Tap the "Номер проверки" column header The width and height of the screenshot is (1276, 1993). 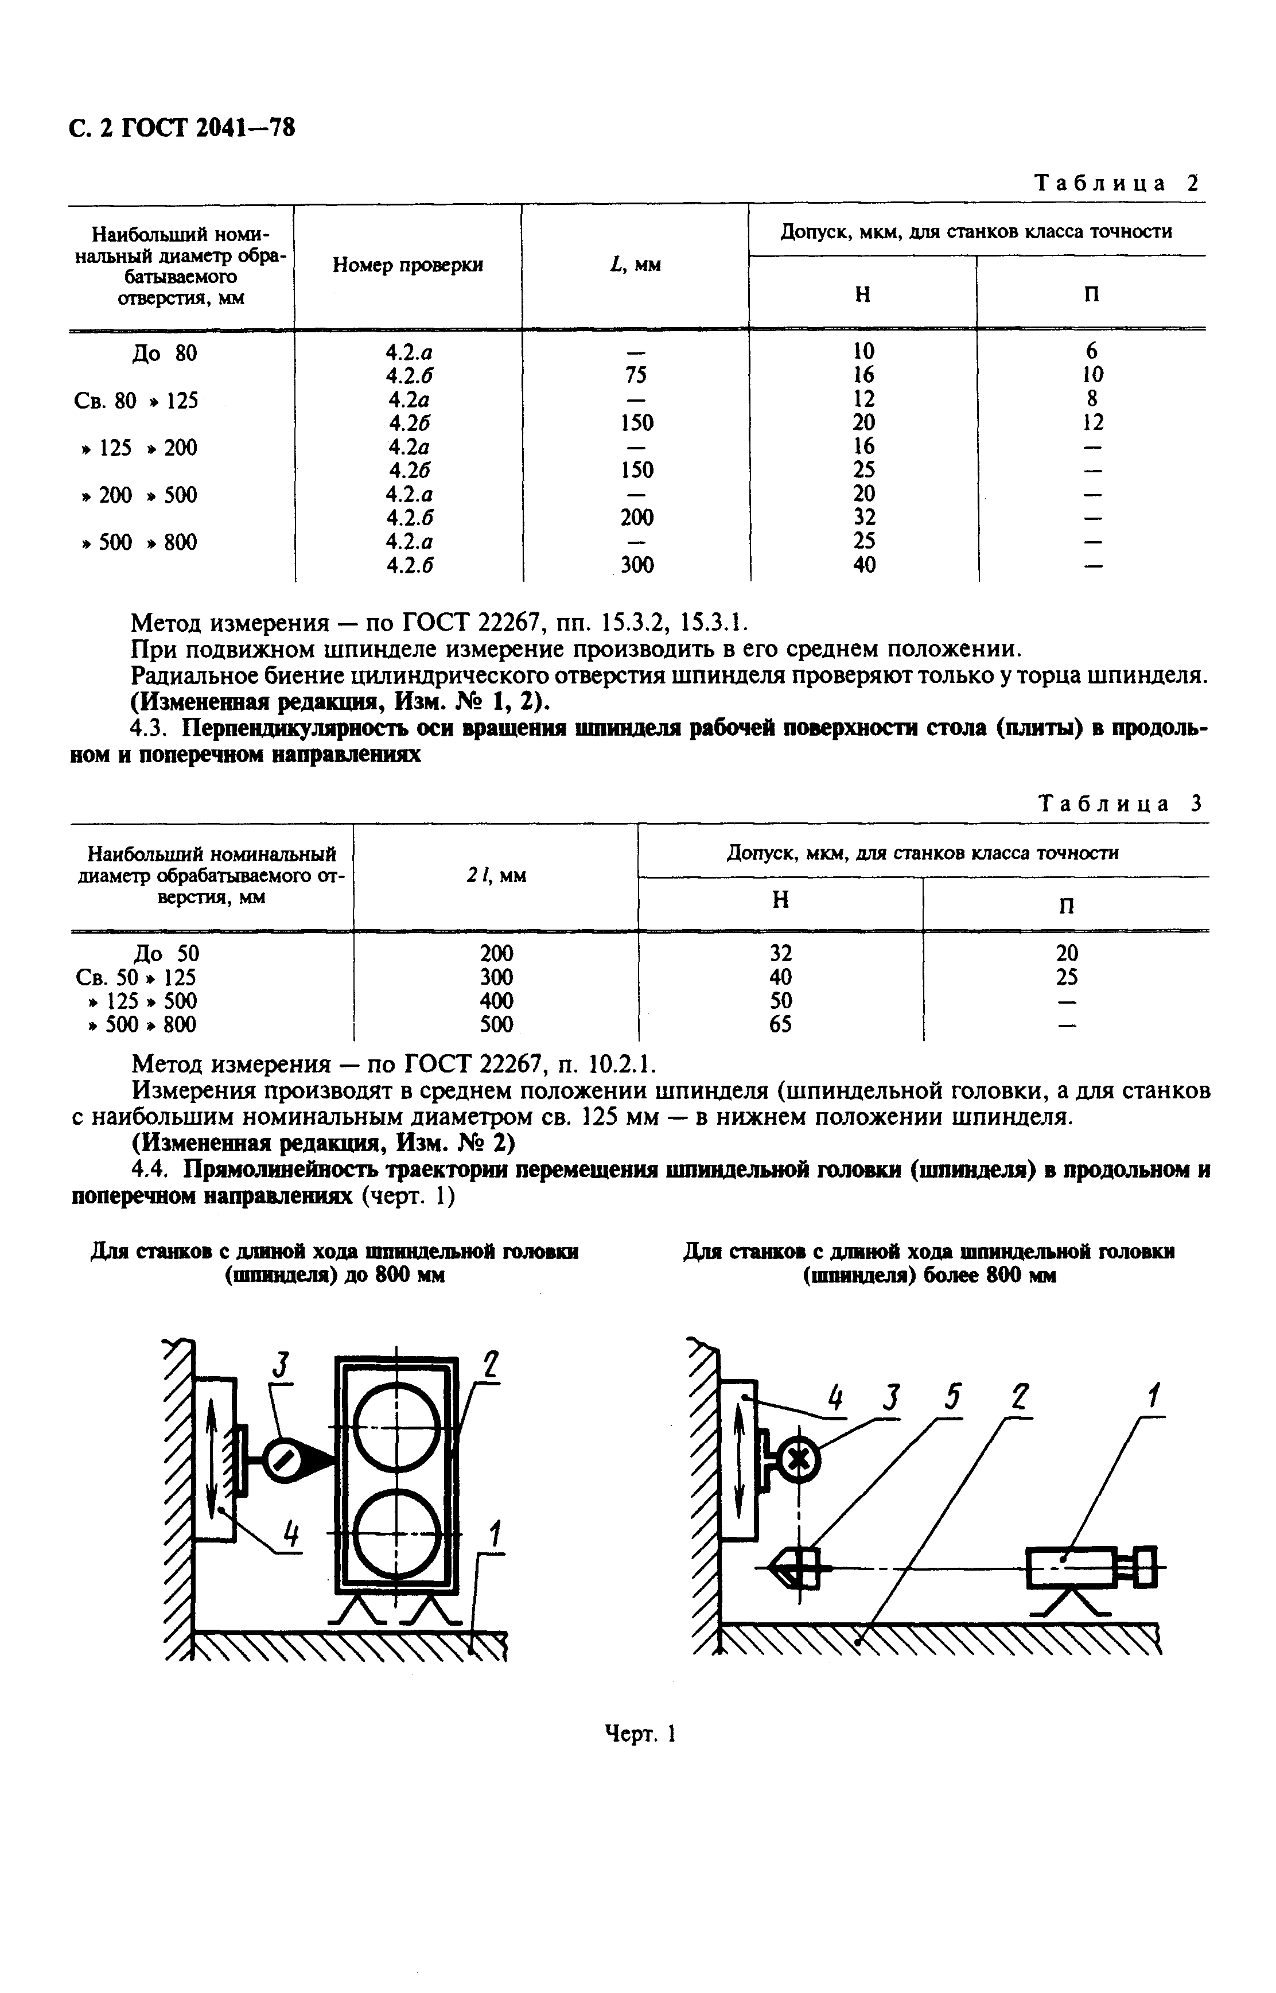pyautogui.click(x=408, y=265)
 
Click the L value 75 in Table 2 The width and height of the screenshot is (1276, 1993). pyautogui.click(x=636, y=375)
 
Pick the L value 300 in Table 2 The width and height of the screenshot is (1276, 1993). pyautogui.click(x=636, y=565)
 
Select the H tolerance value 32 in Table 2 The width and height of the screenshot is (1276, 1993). pyautogui.click(x=863, y=518)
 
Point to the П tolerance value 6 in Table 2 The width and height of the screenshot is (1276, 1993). pyautogui.click(x=1091, y=351)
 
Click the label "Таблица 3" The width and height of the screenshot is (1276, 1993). pyautogui.click(x=1119, y=803)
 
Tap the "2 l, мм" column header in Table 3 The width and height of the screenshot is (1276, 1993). pyautogui.click(x=496, y=875)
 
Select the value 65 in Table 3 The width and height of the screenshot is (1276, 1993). pyautogui.click(x=780, y=1025)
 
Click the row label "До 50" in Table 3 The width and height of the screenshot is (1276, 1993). pyautogui.click(x=166, y=953)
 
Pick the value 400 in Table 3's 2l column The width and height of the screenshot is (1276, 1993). pyautogui.click(x=496, y=1001)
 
